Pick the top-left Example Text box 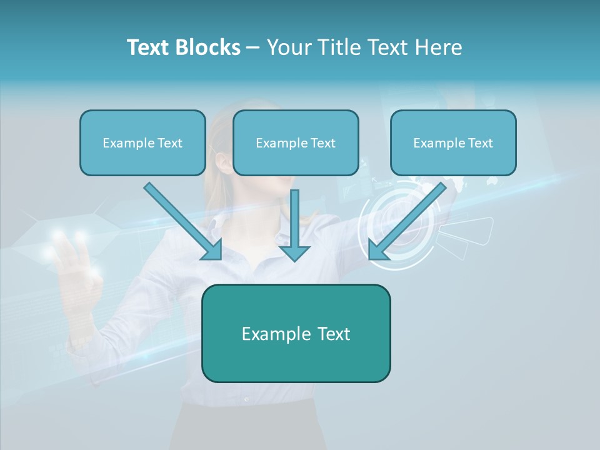click(x=142, y=142)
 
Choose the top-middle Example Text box click(x=296, y=142)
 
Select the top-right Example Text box click(x=453, y=142)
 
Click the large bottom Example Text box click(x=296, y=333)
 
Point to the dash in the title click(x=253, y=48)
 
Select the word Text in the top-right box click(x=480, y=142)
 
